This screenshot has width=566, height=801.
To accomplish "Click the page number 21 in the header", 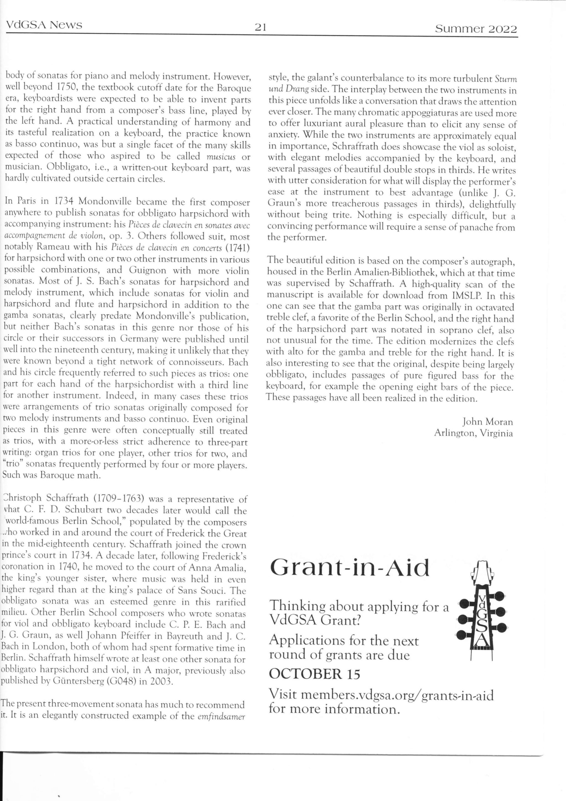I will point(260,27).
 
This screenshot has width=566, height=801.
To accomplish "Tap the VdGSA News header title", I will point(44,25).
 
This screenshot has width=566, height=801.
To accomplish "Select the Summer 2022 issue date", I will point(476,29).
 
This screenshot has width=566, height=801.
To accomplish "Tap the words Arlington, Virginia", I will point(473,433).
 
